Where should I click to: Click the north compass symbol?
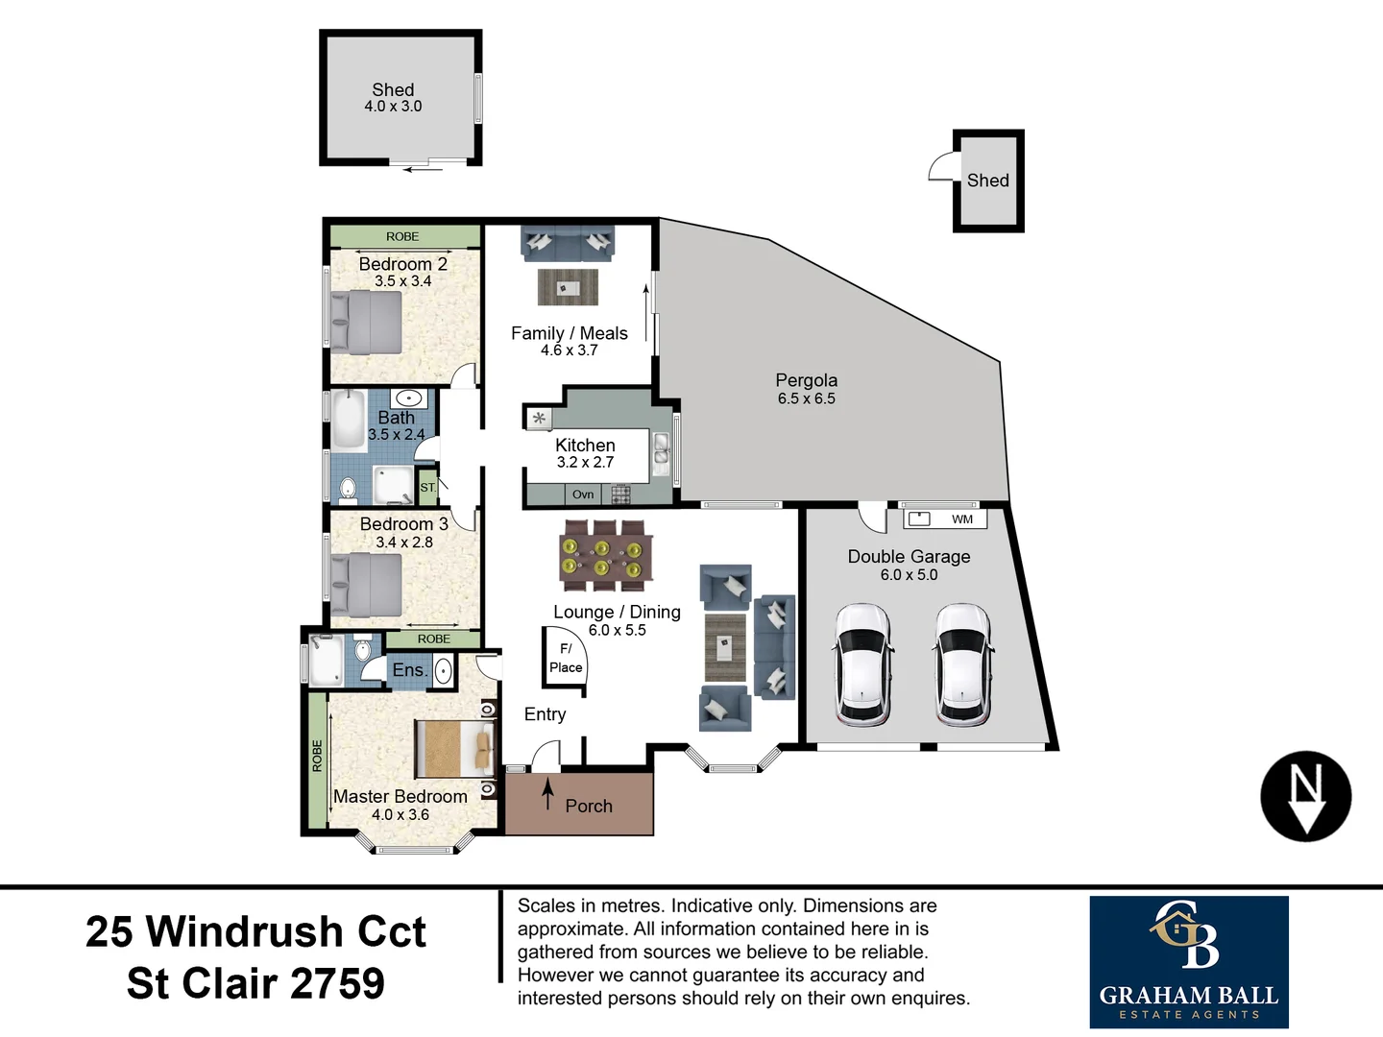(x=1305, y=796)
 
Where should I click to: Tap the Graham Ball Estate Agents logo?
(x=1188, y=961)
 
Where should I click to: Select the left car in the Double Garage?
(x=863, y=665)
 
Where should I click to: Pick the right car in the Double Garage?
(x=962, y=665)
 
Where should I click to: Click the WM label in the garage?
(x=961, y=519)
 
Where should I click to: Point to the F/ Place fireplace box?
(x=565, y=659)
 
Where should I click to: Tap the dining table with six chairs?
(x=605, y=555)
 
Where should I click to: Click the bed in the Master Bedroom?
(x=455, y=748)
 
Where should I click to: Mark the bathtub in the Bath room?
(x=349, y=420)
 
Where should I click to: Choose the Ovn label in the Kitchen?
(x=583, y=494)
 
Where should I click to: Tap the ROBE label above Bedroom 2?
(x=402, y=236)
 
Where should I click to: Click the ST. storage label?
(x=427, y=488)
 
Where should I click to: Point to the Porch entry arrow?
(x=547, y=794)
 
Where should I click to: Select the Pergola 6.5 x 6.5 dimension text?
(x=806, y=398)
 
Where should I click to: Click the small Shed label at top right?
(x=987, y=181)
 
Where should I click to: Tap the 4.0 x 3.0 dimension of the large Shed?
(x=393, y=107)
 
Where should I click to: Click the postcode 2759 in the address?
(x=336, y=983)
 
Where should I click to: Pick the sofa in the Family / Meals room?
(x=568, y=242)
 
